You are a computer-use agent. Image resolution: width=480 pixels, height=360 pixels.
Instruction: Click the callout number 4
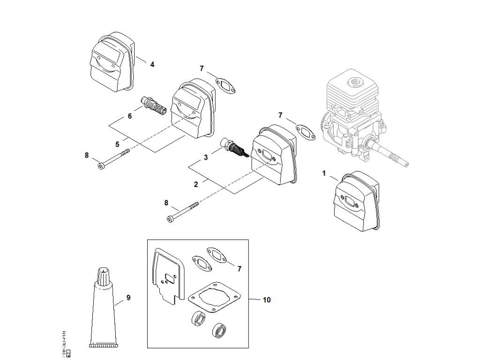coord(152,64)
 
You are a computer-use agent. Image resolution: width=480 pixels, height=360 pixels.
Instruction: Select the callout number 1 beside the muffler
coord(324,173)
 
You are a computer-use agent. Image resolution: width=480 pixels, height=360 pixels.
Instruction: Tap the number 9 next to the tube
coord(128,298)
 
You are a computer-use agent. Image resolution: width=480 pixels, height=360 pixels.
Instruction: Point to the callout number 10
coord(266,300)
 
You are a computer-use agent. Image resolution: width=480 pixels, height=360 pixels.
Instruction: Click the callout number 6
coord(130,116)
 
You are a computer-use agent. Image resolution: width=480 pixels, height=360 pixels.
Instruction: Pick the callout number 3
coord(206,158)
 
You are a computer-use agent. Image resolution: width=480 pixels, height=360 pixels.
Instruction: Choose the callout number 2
coord(196,185)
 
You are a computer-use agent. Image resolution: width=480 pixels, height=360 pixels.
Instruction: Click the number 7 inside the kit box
coord(239,269)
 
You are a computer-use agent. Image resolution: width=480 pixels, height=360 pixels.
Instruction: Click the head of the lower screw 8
coord(170,218)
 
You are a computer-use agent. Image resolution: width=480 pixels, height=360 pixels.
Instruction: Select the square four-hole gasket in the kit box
coord(214,299)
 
